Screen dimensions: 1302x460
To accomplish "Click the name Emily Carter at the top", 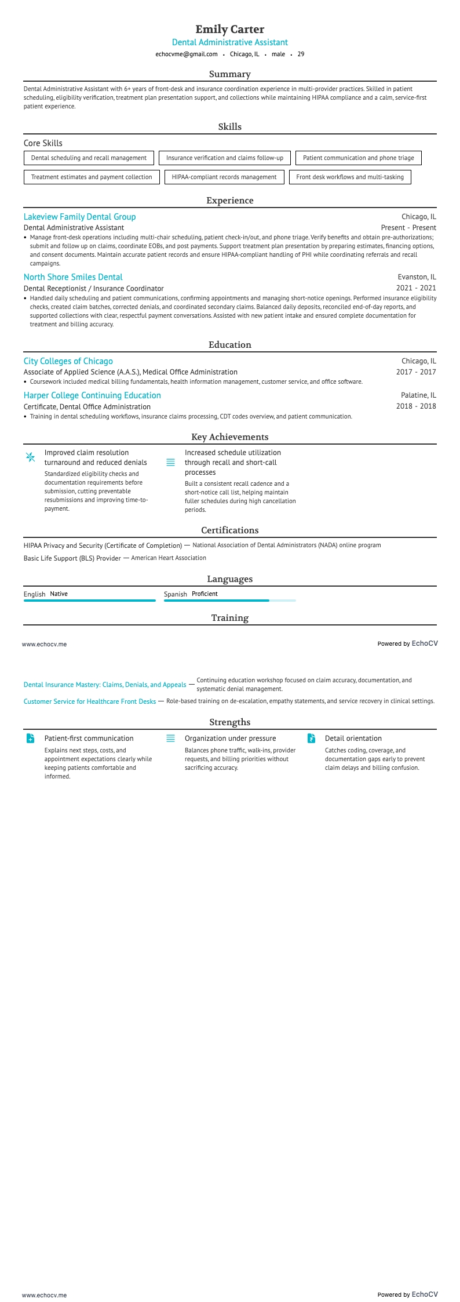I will click(229, 29).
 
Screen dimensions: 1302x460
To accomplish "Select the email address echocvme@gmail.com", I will click(187, 54).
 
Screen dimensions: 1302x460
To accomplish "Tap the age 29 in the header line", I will click(301, 54).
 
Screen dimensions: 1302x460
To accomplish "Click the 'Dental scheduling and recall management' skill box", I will click(89, 158).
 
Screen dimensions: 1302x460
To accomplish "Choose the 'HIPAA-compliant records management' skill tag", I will click(224, 177).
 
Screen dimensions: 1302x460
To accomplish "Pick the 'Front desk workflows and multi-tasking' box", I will click(350, 177).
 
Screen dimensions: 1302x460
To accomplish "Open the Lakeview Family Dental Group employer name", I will click(79, 217).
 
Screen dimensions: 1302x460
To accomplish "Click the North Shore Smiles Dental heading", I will click(73, 277).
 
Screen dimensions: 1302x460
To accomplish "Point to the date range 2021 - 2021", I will click(416, 288).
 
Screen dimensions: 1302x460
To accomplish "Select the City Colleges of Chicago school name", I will click(68, 361).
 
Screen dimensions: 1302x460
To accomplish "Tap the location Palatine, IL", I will click(418, 395).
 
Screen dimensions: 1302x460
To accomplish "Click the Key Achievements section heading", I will click(229, 437).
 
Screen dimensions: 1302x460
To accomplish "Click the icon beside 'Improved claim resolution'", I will click(31, 457).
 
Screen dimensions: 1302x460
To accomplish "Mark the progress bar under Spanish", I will click(229, 601).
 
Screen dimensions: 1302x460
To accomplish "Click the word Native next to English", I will click(59, 594).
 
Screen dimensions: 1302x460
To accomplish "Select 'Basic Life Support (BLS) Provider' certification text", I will click(72, 558).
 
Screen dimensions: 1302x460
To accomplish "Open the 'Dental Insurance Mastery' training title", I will click(105, 685).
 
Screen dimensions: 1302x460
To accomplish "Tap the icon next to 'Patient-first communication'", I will click(31, 739).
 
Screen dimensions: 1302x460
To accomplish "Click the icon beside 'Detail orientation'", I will click(311, 739).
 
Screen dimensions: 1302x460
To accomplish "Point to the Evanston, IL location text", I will click(417, 277).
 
